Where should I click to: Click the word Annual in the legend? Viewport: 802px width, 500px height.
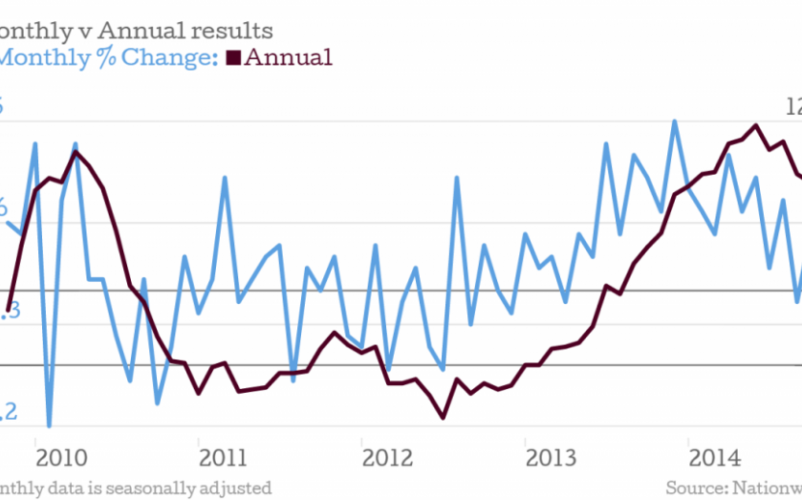(x=289, y=57)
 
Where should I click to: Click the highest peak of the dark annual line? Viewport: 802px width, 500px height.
(x=756, y=125)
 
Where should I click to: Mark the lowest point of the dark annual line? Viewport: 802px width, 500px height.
(x=444, y=417)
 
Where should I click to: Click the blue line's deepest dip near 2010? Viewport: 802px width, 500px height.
(x=49, y=425)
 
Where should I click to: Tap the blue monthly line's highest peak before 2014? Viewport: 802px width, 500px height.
(x=675, y=120)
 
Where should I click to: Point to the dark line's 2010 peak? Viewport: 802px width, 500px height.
(x=76, y=152)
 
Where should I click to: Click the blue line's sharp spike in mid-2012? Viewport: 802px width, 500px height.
(x=457, y=178)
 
